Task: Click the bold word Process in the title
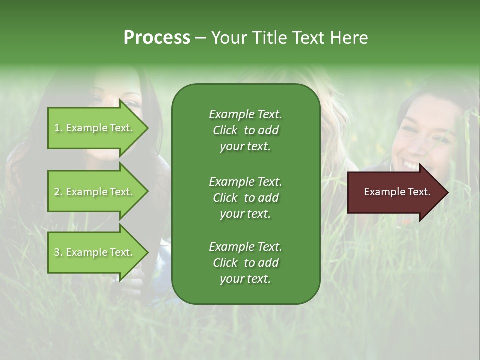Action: pyautogui.click(x=157, y=38)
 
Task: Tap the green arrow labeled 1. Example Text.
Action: pyautogui.click(x=95, y=128)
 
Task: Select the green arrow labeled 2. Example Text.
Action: pyautogui.click(x=95, y=192)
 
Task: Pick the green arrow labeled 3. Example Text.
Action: pyautogui.click(x=95, y=252)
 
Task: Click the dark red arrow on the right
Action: pyautogui.click(x=395, y=192)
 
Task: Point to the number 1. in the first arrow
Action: pyautogui.click(x=58, y=128)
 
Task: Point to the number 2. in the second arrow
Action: pyautogui.click(x=58, y=192)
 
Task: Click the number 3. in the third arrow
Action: pyautogui.click(x=58, y=252)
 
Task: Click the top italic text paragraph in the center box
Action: pyautogui.click(x=245, y=130)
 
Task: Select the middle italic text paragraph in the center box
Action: pyautogui.click(x=245, y=197)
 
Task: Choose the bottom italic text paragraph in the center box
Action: pyautogui.click(x=245, y=263)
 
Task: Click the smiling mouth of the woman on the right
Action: pyautogui.click(x=411, y=163)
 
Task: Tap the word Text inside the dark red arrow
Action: pyautogui.click(x=418, y=192)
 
